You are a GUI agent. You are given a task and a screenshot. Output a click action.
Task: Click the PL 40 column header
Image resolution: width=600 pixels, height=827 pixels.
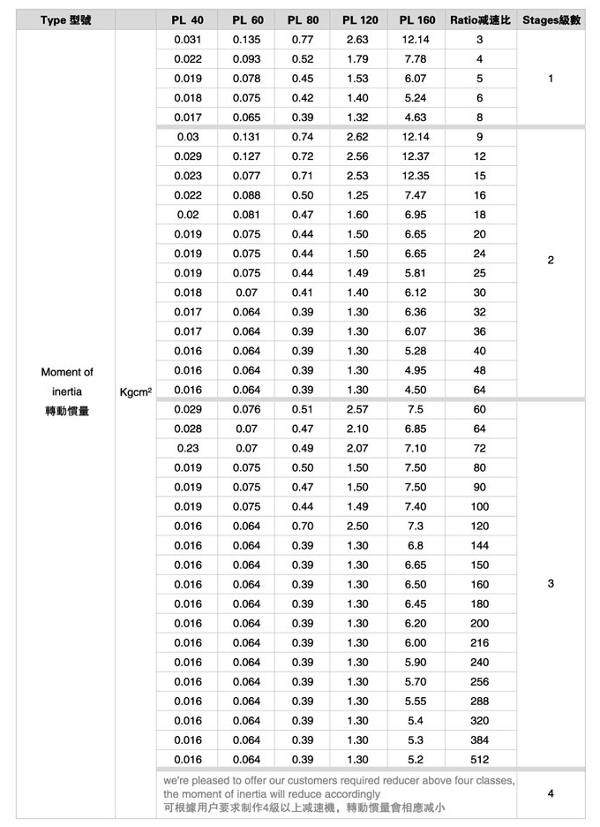pos(187,20)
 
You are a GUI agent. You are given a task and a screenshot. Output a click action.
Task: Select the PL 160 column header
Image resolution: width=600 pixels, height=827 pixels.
pos(417,20)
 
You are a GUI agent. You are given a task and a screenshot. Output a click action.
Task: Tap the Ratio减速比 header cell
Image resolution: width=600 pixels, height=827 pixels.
pos(479,20)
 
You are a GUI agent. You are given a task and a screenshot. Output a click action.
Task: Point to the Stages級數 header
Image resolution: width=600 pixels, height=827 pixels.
pos(551,20)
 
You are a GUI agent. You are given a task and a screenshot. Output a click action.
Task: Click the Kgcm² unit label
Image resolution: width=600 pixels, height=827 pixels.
pos(135,391)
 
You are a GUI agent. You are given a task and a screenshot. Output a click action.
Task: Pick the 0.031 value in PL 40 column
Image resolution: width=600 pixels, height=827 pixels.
pos(187,40)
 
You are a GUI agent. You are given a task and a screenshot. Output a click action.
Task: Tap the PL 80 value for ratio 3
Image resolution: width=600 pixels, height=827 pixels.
pos(303,40)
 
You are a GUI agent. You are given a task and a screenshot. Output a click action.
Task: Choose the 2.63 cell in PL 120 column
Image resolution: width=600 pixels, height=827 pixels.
pos(358,40)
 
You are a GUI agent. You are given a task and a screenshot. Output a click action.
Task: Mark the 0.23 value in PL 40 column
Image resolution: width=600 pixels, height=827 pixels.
pos(187,448)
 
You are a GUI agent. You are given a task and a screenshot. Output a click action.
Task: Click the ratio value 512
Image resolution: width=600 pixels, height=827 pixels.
pos(479,759)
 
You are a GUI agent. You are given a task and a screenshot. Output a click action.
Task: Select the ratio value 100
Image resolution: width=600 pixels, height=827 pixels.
pos(479,506)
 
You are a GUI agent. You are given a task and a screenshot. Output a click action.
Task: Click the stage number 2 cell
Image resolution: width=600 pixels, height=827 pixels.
pos(551,261)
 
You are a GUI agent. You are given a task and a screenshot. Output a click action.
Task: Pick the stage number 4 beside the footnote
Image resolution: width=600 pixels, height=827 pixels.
pos(551,793)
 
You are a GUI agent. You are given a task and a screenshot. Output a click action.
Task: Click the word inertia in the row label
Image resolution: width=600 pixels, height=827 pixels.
pos(67,391)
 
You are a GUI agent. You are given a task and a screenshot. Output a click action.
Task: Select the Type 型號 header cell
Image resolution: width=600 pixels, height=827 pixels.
pos(66,20)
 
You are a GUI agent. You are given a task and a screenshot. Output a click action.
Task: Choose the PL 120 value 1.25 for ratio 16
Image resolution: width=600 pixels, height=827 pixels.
pos(358,195)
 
